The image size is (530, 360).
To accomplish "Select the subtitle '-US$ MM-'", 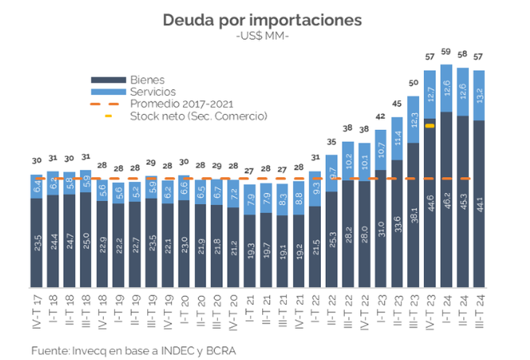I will click(262, 36).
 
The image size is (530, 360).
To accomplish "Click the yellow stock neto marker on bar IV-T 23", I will click(430, 126).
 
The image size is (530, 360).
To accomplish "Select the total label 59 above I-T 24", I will click(447, 52).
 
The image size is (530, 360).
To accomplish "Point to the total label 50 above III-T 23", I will click(413, 83).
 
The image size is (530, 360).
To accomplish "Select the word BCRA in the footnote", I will click(221, 351).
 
